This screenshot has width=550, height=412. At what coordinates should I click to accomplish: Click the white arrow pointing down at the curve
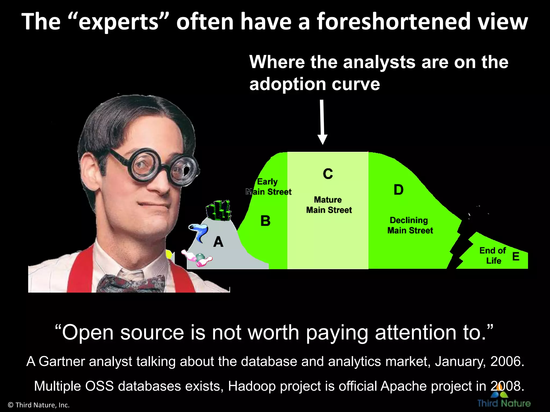click(x=322, y=122)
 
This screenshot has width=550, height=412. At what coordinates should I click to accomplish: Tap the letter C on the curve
click(x=328, y=174)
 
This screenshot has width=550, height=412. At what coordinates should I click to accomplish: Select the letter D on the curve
click(x=399, y=190)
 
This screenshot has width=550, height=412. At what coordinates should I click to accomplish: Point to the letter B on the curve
click(x=265, y=221)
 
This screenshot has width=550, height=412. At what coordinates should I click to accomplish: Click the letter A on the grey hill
click(x=218, y=242)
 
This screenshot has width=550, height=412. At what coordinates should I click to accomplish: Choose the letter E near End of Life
click(x=516, y=257)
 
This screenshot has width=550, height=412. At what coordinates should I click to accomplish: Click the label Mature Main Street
click(x=329, y=205)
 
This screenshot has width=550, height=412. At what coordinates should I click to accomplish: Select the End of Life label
click(x=493, y=255)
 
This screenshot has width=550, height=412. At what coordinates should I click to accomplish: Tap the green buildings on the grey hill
click(x=219, y=210)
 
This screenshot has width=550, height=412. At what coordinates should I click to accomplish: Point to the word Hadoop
click(x=252, y=386)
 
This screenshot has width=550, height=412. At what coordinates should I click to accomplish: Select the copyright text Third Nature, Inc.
click(x=39, y=405)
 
